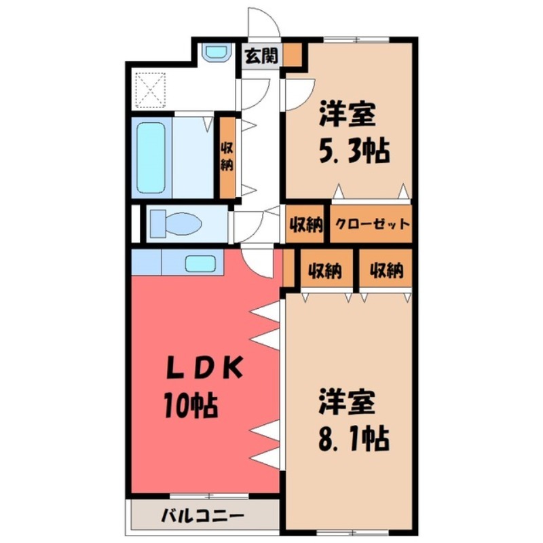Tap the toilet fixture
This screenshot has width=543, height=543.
click(173, 222)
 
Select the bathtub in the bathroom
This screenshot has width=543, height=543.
click(151, 157)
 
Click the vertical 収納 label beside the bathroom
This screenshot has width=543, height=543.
click(226, 157)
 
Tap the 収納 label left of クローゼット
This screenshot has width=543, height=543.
click(305, 225)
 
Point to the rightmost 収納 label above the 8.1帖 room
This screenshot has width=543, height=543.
click(386, 270)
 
